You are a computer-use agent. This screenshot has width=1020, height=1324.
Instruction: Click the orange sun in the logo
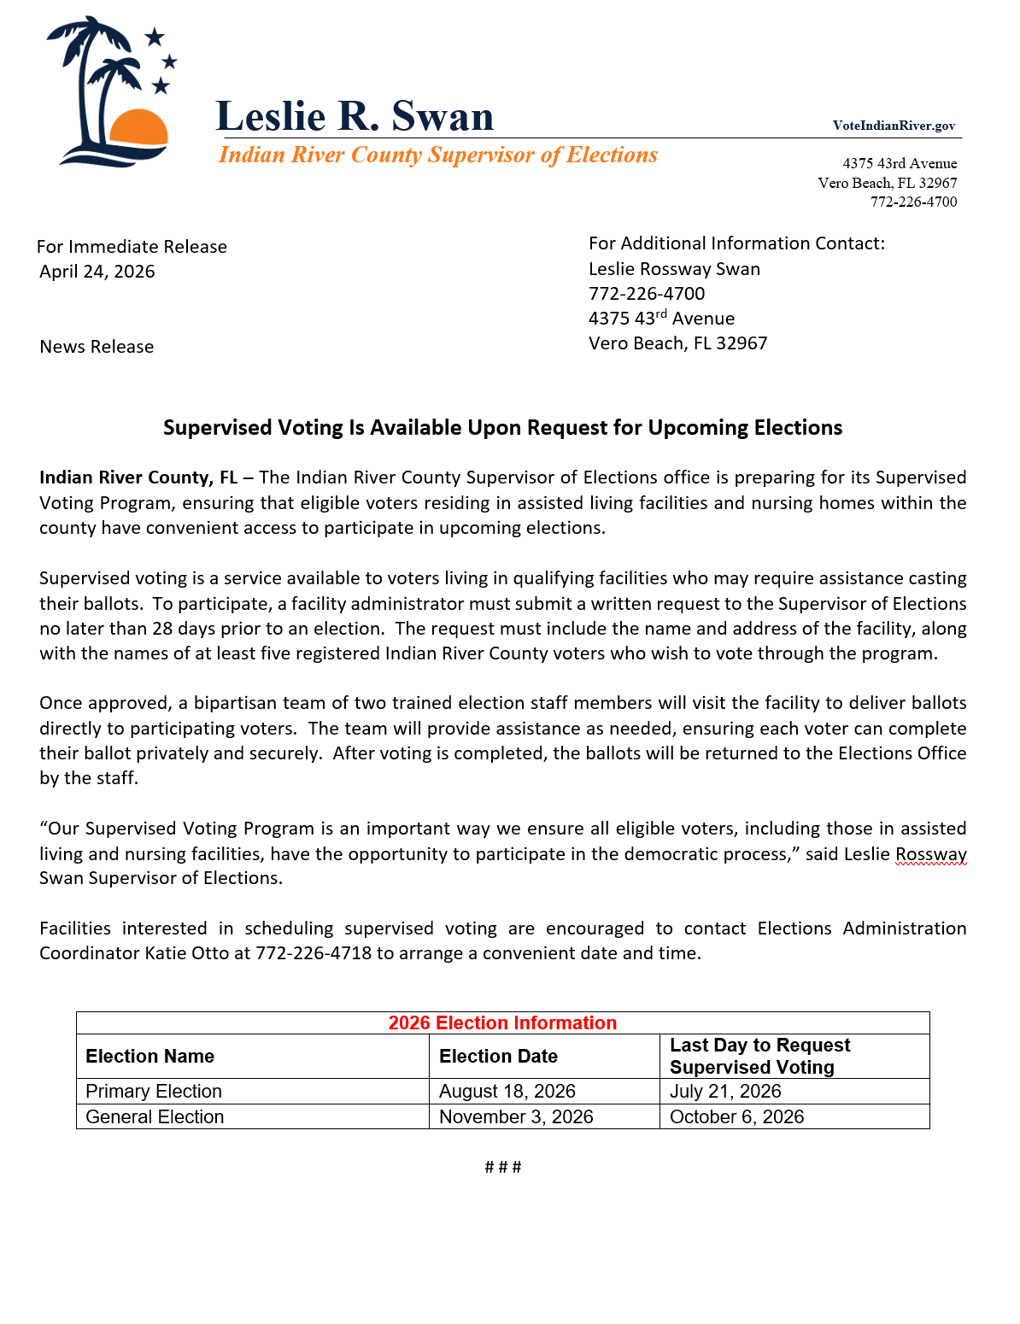pyautogui.click(x=138, y=127)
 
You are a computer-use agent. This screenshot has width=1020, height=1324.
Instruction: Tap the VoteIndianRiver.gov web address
pyautogui.click(x=894, y=126)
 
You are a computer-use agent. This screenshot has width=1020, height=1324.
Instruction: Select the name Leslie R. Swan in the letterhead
pyautogui.click(x=355, y=116)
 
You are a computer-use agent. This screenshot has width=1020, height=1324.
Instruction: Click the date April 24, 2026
pyautogui.click(x=97, y=272)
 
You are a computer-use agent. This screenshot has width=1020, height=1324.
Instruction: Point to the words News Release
pyautogui.click(x=97, y=347)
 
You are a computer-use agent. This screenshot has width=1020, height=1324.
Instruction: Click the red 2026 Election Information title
pyautogui.click(x=502, y=1023)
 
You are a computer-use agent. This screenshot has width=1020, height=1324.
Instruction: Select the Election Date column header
pyautogui.click(x=498, y=1057)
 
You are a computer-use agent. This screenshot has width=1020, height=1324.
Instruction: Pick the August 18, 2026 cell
pyautogui.click(x=507, y=1092)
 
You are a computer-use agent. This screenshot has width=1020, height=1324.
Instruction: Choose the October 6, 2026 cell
pyautogui.click(x=736, y=1117)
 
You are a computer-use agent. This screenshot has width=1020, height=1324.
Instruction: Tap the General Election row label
pyautogui.click(x=155, y=1117)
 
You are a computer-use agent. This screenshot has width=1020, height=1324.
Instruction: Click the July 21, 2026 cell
pyautogui.click(x=725, y=1092)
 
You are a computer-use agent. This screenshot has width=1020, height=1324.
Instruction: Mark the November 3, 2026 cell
pyautogui.click(x=516, y=1117)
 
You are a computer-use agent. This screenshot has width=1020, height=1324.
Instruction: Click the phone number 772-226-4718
pyautogui.click(x=314, y=953)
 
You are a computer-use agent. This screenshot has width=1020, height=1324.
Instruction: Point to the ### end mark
pyautogui.click(x=502, y=1167)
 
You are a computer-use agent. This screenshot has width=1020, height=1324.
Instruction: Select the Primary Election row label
pyautogui.click(x=154, y=1092)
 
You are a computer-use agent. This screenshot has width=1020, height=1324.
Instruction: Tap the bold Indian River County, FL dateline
pyautogui.click(x=138, y=477)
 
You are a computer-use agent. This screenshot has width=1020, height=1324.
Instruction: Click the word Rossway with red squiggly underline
pyautogui.click(x=930, y=854)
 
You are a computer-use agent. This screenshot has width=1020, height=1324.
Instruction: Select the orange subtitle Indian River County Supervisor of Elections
pyautogui.click(x=437, y=155)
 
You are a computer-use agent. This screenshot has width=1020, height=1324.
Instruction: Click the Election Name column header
pyautogui.click(x=149, y=1057)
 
